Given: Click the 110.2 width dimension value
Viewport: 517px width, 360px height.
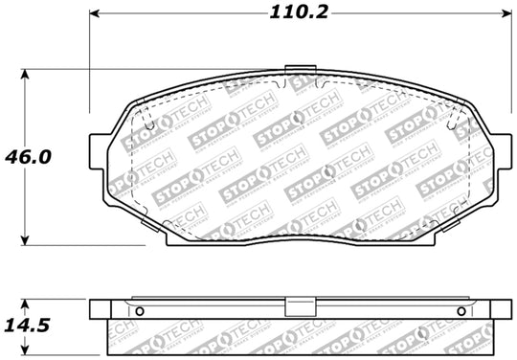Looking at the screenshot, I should pos(296,13).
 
